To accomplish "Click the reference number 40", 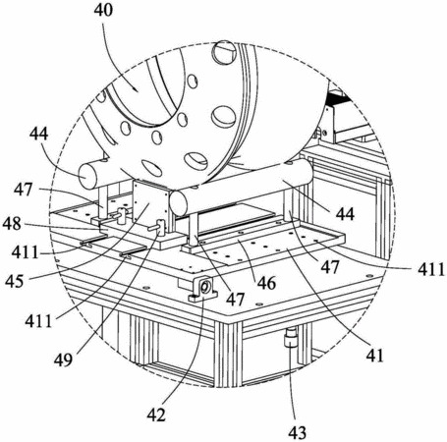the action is pos(103,10).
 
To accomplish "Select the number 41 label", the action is pos(374,356).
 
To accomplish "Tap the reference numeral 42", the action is pos(156,415).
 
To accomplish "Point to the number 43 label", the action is pos(298,432).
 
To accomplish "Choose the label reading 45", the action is pos(15,282).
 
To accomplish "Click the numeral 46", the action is pos(266,283).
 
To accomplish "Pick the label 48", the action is pos(12,224).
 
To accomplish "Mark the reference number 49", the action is pos(63,360).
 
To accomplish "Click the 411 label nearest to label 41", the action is pos(431,270).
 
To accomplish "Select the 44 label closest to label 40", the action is pos(38,134).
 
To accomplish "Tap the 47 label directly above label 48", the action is pos(23,190).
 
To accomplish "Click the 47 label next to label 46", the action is pos(236,299).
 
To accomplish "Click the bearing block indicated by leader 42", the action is pos(203,290).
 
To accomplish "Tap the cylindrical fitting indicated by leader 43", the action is pos(291,338).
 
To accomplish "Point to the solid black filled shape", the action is pos(338,97).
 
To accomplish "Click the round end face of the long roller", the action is pos(178,204).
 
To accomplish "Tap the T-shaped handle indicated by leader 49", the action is pos(159,227).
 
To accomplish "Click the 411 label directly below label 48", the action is pos(25,252).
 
